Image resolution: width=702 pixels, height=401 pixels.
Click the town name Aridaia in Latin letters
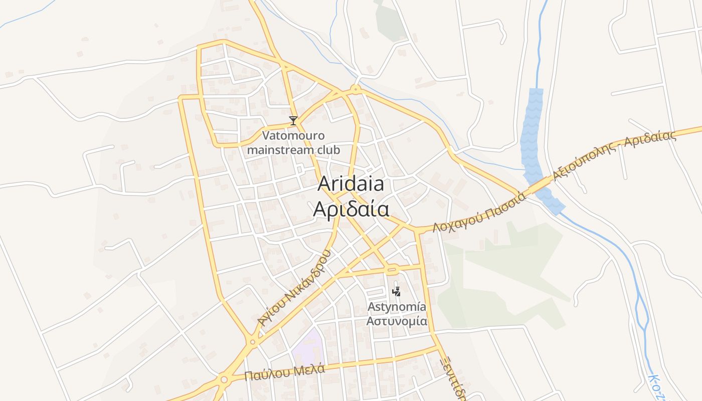point(351,184)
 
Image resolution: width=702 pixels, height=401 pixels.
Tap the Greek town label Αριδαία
point(351,209)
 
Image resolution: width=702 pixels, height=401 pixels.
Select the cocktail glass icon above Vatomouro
point(293,121)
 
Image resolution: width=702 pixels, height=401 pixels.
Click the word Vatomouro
point(294,136)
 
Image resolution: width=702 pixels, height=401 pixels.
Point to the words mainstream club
point(294,150)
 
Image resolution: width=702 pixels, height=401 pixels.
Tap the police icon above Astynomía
point(397,291)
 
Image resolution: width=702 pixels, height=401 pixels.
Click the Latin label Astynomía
point(397,306)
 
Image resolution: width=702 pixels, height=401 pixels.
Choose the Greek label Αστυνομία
point(397,321)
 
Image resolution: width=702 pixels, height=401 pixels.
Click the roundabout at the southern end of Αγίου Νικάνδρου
point(252,342)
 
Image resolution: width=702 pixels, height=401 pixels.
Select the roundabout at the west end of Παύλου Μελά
point(223,379)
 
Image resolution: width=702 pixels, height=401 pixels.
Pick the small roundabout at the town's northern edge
point(356,90)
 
